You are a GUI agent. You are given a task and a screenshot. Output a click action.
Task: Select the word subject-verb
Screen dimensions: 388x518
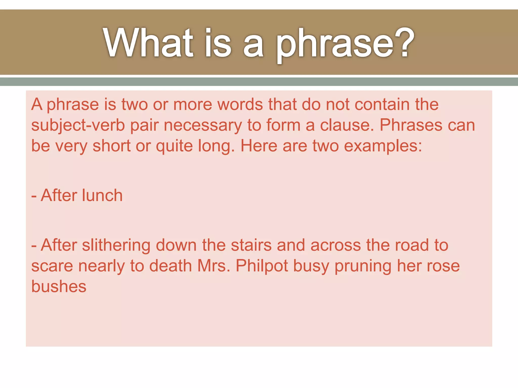coord(78,125)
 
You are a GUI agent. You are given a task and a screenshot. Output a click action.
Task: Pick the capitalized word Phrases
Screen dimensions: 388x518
coord(411,125)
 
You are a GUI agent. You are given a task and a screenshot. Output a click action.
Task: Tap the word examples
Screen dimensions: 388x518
coord(383,146)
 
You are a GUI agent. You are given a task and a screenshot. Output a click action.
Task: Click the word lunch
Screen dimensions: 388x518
coord(102,196)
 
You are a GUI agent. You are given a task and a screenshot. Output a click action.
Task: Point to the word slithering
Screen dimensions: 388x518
coord(116,245)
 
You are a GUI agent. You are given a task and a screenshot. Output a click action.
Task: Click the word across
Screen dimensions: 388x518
coord(335,245)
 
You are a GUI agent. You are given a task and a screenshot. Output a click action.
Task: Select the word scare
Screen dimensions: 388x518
coord(52,266)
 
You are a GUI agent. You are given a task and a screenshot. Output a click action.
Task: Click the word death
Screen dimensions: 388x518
coord(170,266)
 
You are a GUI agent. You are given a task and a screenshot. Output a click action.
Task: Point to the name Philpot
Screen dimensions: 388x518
coord(262,266)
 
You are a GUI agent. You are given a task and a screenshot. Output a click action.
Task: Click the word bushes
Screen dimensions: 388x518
coord(59,287)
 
